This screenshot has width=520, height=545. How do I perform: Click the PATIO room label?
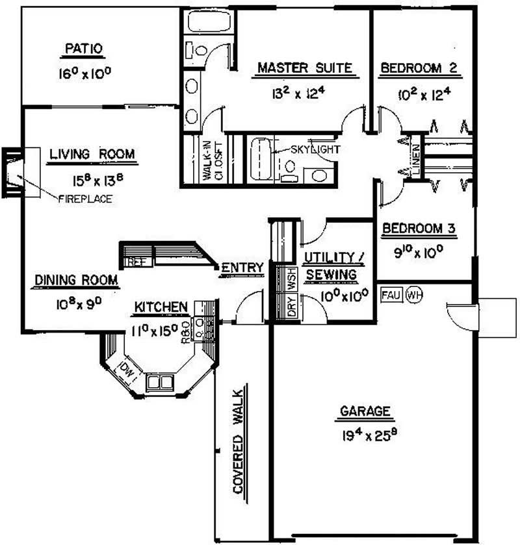[84, 49]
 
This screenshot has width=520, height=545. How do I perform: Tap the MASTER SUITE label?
[305, 68]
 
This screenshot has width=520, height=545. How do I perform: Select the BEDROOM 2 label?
[419, 68]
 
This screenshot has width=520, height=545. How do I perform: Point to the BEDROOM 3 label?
[418, 229]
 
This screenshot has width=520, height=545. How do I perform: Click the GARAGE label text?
[365, 411]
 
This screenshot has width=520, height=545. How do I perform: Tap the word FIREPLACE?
[85, 199]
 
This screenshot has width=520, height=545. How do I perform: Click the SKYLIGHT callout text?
[315, 149]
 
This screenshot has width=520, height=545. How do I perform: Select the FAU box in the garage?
[390, 296]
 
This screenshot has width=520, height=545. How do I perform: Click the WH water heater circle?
[414, 296]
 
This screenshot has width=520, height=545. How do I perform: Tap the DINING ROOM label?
[76, 281]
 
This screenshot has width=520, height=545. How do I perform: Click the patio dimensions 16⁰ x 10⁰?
[84, 73]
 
